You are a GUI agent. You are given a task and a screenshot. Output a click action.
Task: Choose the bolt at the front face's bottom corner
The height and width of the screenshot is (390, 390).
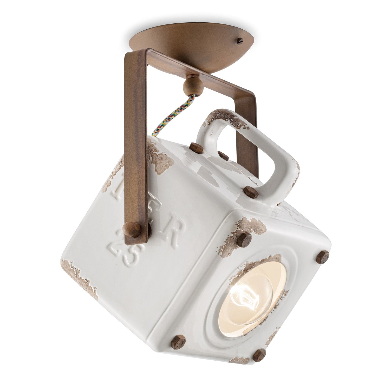click(x=260, y=355)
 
